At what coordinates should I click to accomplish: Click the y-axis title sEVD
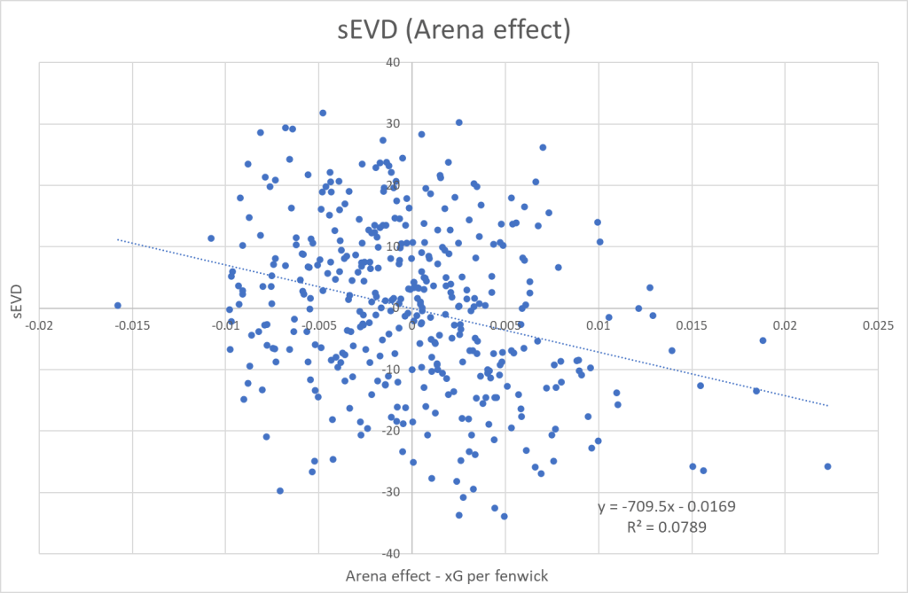point(17,306)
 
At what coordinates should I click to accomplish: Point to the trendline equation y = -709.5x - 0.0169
point(666,506)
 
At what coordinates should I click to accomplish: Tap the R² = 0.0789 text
point(666,526)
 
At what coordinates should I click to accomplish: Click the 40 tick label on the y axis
point(393,62)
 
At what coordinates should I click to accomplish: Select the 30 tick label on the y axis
point(393,123)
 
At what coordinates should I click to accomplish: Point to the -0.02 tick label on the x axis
point(39,325)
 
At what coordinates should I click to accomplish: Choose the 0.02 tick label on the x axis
point(785,325)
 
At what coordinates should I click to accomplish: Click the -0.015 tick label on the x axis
point(132,325)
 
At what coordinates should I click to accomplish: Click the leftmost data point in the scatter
point(117,305)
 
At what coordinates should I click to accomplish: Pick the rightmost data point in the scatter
point(827,466)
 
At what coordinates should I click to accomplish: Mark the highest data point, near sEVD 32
point(323,113)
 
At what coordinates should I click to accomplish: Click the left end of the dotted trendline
point(118,239)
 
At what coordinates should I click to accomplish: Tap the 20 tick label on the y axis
point(393,184)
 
